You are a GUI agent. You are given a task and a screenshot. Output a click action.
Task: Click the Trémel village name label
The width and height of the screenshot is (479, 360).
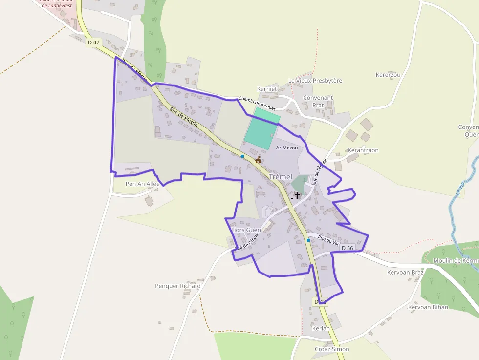point(281,177)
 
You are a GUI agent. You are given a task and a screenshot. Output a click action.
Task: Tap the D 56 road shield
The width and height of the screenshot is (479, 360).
point(347,248)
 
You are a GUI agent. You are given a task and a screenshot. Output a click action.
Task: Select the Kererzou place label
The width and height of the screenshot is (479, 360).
point(388,75)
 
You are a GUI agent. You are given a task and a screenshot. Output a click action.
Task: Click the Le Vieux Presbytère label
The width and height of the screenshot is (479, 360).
point(315,81)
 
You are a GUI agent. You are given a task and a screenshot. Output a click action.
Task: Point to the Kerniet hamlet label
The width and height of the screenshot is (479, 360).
point(267,89)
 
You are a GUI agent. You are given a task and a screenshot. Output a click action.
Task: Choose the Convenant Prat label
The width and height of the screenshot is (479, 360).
point(318,101)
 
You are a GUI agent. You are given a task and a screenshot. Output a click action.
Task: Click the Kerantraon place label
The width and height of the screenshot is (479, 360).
point(363,150)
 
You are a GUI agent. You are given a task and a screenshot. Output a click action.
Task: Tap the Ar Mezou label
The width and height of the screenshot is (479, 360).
point(287,148)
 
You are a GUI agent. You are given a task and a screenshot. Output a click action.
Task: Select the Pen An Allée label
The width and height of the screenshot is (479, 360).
point(143,184)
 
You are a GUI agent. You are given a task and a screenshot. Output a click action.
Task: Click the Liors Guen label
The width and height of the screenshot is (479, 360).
point(246,230)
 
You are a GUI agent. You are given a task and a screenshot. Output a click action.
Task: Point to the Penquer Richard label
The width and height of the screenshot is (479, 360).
point(178,286)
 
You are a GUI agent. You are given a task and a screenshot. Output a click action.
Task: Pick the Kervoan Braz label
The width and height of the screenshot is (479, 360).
point(405,272)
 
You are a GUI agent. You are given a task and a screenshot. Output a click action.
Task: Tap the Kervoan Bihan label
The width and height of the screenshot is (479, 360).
point(428,307)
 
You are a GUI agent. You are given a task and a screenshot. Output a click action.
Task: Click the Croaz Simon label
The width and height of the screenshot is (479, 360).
point(332,349)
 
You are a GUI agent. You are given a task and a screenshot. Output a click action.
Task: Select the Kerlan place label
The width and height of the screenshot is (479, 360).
point(321,328)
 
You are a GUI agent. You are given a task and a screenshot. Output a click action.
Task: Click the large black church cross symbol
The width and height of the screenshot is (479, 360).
point(297,195)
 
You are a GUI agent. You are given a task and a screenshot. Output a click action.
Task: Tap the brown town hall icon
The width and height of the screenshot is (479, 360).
point(258,160)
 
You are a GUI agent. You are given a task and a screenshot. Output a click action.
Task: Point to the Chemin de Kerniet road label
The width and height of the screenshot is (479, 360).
point(257,103)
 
